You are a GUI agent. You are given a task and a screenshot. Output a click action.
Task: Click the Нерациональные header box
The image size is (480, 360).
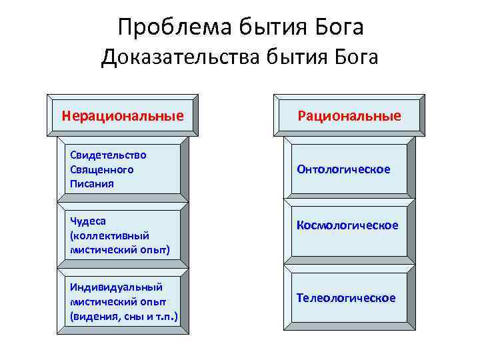(123, 116)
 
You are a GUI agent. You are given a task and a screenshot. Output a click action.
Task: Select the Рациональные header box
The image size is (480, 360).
(349, 116)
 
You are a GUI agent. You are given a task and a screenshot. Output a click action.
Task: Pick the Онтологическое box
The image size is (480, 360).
(344, 169)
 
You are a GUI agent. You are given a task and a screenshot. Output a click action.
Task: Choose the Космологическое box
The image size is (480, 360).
(347, 225)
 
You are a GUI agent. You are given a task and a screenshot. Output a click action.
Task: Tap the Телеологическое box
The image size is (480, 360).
(346, 297)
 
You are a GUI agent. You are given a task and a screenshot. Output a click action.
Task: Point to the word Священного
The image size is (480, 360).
(101, 169)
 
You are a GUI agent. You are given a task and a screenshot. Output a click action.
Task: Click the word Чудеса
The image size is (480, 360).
(88, 221)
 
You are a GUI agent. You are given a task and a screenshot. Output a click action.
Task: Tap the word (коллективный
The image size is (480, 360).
(109, 235)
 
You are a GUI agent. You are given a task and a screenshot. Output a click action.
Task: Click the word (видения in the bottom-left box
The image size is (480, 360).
(93, 315)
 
